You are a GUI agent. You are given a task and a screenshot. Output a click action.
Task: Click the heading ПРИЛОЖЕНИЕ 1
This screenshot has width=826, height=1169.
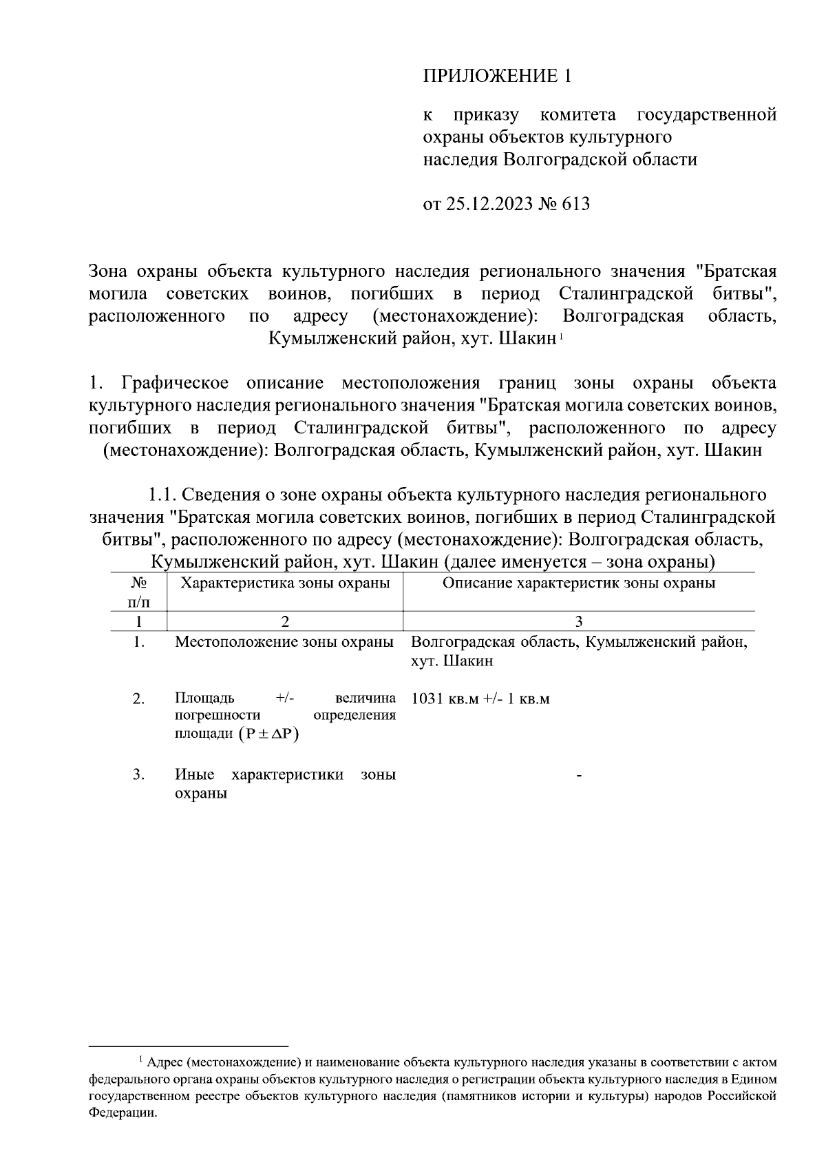[x=497, y=76]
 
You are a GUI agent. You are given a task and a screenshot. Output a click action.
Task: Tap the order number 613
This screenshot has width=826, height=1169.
[x=576, y=205]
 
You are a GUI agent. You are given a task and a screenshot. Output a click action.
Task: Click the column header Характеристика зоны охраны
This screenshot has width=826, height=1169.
[x=285, y=583]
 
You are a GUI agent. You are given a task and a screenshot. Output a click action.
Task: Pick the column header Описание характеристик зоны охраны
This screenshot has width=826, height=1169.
[x=579, y=583]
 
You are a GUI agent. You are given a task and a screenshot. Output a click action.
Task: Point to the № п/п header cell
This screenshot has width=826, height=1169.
[x=138, y=592]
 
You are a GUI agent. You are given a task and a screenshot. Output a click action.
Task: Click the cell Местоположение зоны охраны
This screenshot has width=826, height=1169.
[x=284, y=642]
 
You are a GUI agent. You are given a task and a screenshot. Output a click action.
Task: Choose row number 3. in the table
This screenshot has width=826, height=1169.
[x=138, y=774]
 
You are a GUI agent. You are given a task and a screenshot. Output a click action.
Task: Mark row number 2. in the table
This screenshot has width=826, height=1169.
[x=138, y=699]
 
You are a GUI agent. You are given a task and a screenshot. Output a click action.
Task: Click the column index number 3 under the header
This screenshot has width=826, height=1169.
[x=579, y=621]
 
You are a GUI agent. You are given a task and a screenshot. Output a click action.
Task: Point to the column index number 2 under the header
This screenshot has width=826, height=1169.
[x=285, y=621]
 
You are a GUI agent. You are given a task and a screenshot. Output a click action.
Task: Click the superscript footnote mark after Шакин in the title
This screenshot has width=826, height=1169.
[x=562, y=337]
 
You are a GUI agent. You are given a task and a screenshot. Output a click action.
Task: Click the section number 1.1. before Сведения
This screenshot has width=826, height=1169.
[x=165, y=495]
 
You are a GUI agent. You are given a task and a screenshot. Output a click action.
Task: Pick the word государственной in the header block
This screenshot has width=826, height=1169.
[x=707, y=114]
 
